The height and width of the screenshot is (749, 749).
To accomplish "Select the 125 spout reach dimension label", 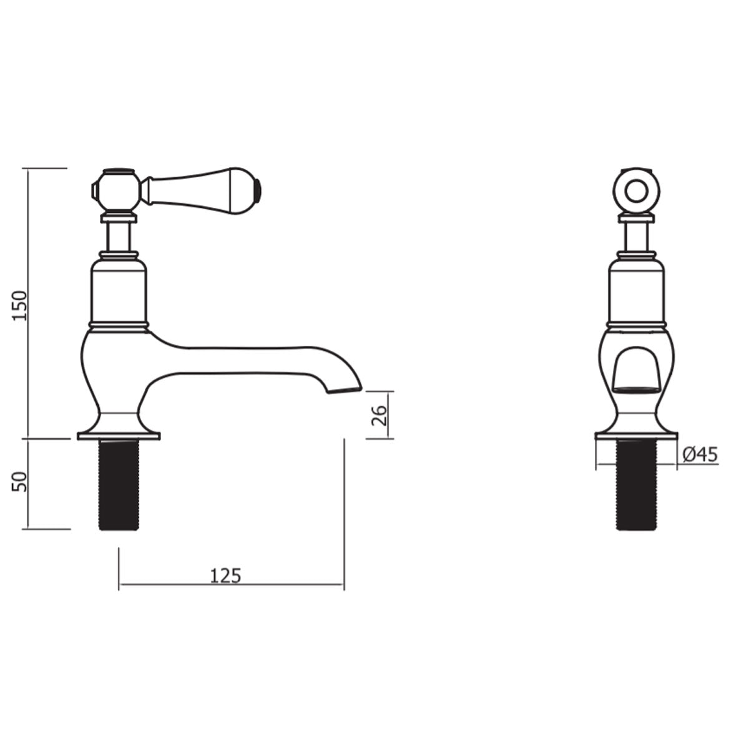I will point(225,575).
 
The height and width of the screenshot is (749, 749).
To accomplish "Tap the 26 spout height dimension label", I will point(378,415).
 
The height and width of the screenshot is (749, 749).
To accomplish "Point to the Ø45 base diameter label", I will point(699,456).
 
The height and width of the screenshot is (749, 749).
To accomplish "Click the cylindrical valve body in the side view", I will point(119,292).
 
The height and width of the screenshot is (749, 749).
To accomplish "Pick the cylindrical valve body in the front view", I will point(637,292).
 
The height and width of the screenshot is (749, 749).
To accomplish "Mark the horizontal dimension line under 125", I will point(231,586).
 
